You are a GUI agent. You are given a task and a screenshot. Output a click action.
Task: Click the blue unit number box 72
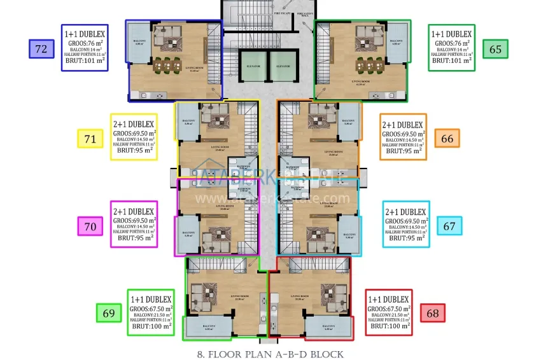point(42,48)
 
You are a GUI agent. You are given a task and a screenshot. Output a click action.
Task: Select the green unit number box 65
point(495,48)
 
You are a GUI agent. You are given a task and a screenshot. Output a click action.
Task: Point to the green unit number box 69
point(108,312)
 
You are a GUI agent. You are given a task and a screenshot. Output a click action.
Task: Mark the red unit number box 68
point(433,312)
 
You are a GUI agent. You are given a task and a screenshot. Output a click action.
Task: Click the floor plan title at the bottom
point(271,353)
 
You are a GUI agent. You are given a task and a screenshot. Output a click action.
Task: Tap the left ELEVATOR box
point(250,66)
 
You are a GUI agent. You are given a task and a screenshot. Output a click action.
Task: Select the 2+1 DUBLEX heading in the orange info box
point(402,125)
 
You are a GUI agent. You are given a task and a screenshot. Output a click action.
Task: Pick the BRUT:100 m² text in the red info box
point(389,326)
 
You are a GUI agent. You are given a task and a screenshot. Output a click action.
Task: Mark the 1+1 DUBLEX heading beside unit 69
point(151,299)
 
